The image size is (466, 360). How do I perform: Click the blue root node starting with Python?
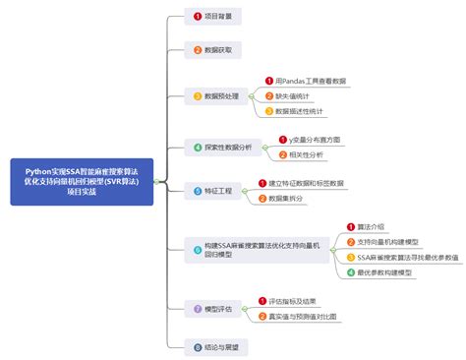pyautogui.click(x=83, y=182)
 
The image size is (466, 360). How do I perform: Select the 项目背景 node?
pyautogui.click(x=213, y=17)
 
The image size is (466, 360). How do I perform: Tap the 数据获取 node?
pyautogui.click(x=213, y=48)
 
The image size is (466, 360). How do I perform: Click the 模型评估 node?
pyautogui.click(x=214, y=309)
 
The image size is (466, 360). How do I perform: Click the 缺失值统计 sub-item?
pyautogui.click(x=295, y=95)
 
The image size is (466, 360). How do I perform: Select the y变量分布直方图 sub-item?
pyautogui.click(x=309, y=140)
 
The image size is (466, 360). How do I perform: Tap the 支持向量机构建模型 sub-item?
pyautogui.click(x=390, y=241)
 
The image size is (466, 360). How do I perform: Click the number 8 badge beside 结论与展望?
pyautogui.click(x=197, y=346)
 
